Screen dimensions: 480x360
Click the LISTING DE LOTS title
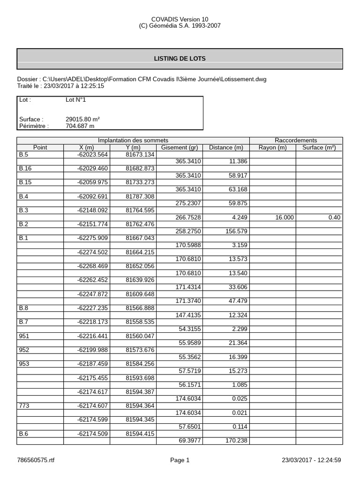[180, 59]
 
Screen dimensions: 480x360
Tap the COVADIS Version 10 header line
[180, 19]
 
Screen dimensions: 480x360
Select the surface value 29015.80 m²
[82, 120]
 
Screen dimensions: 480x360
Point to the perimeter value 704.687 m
[80, 126]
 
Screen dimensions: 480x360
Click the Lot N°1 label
[75, 100]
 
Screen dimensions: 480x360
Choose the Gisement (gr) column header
[180, 148]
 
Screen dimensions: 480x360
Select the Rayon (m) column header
[272, 148]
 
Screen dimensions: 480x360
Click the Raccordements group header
[296, 141]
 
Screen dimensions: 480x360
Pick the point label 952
[23, 350]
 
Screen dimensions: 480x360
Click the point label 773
[23, 406]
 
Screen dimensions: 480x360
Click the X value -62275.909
[92, 238]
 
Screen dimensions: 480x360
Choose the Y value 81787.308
[140, 196]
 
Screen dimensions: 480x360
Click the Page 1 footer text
[180, 461]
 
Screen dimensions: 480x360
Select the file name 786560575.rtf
[36, 461]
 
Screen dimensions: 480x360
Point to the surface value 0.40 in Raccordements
[334, 217]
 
